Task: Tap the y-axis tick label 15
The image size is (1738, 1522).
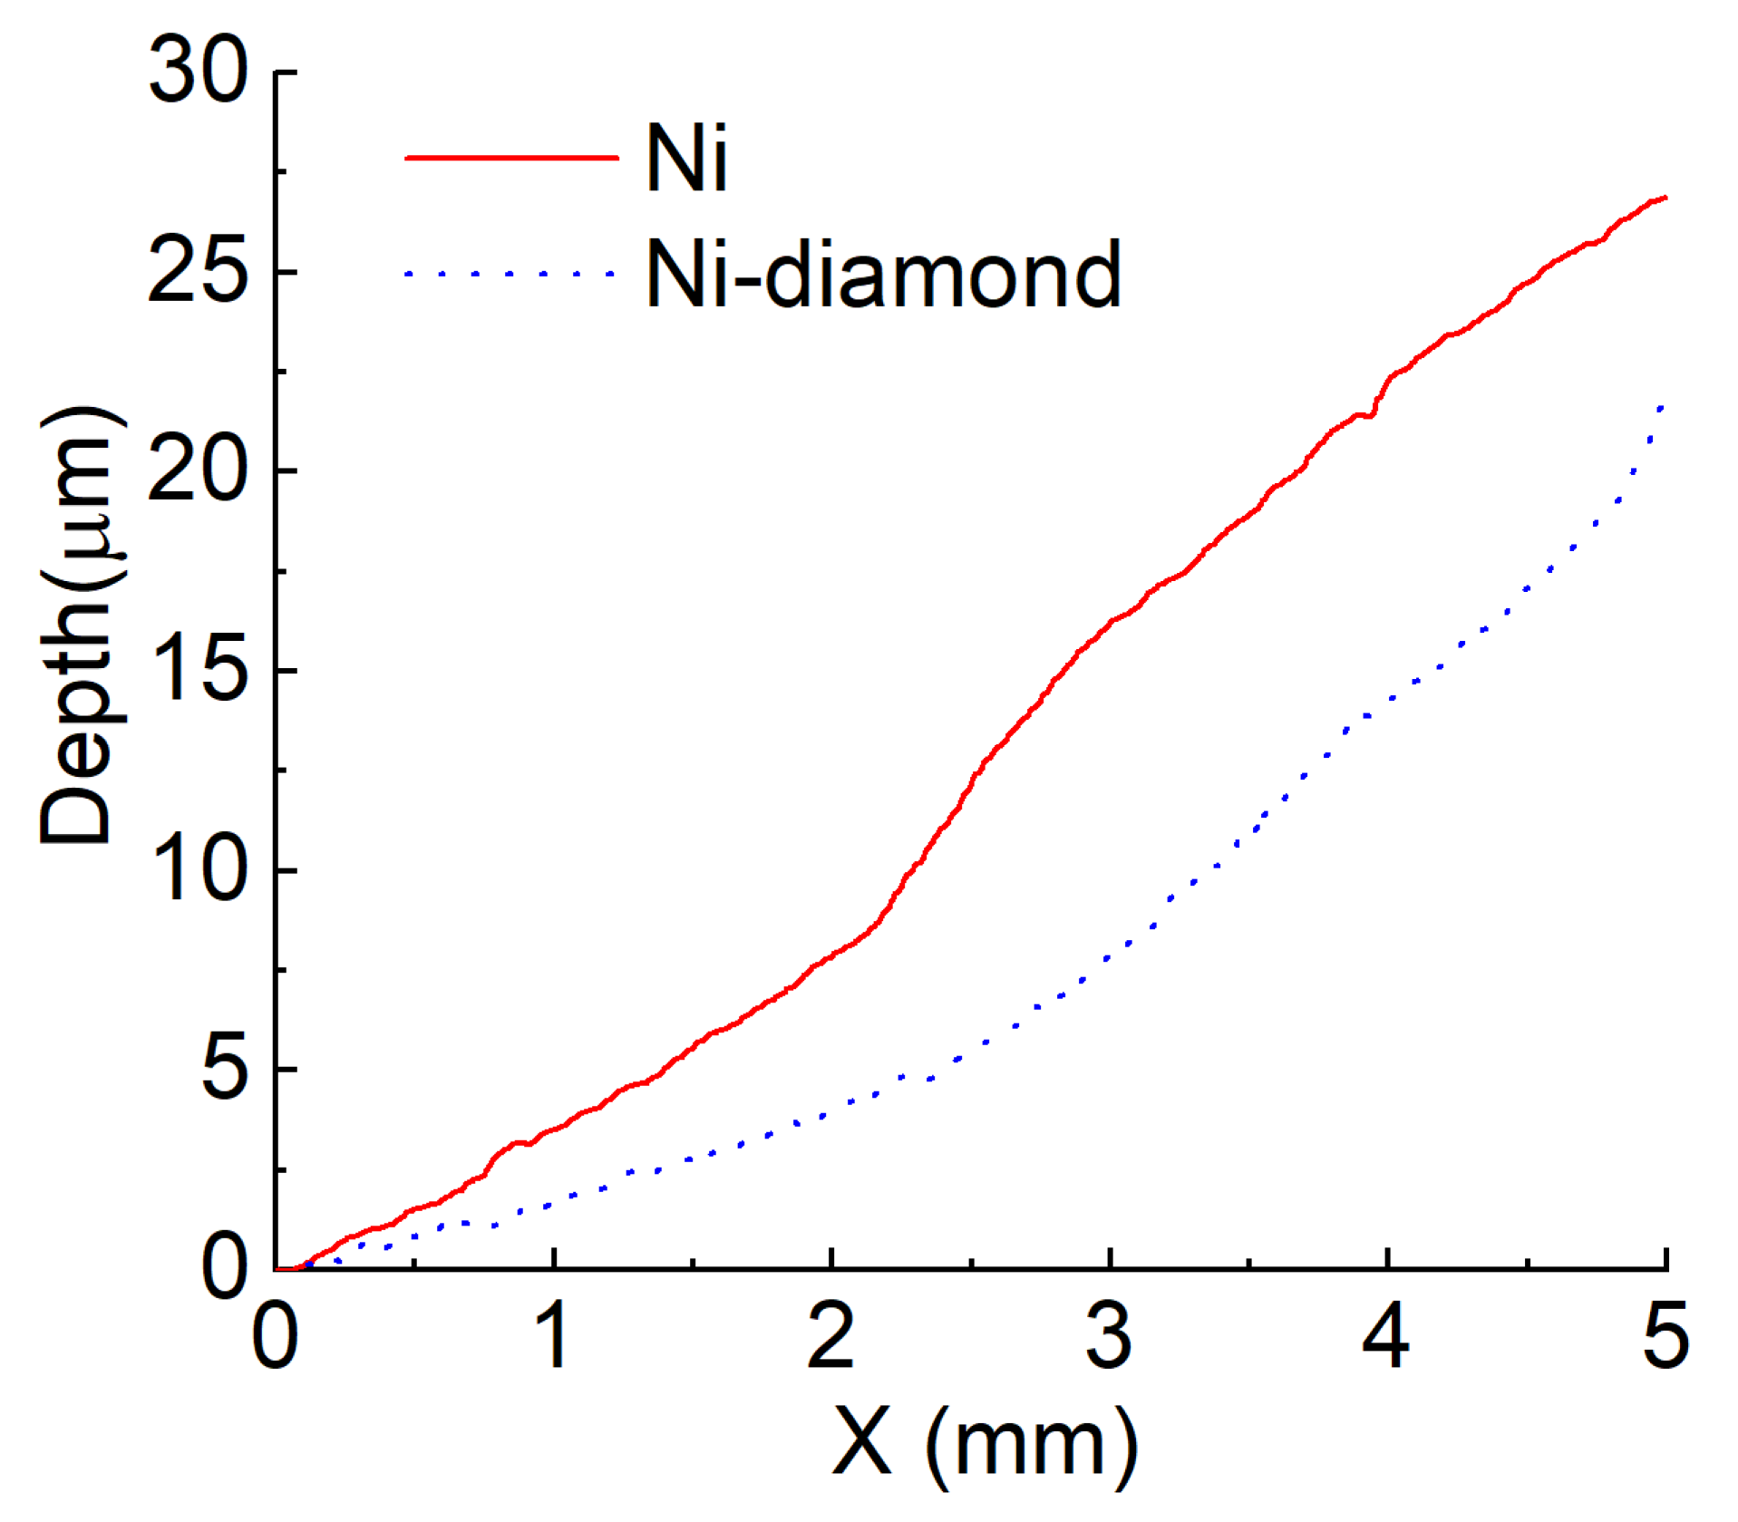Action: [198, 670]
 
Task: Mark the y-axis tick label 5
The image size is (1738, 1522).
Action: [223, 1070]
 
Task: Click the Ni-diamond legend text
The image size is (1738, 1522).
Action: [882, 273]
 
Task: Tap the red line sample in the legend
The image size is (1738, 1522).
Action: [510, 158]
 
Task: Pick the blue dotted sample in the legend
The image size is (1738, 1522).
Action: [510, 273]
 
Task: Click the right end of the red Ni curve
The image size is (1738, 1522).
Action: [1665, 198]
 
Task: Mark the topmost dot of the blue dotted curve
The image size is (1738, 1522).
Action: [1661, 408]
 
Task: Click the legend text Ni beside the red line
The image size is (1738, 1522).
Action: [686, 158]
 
